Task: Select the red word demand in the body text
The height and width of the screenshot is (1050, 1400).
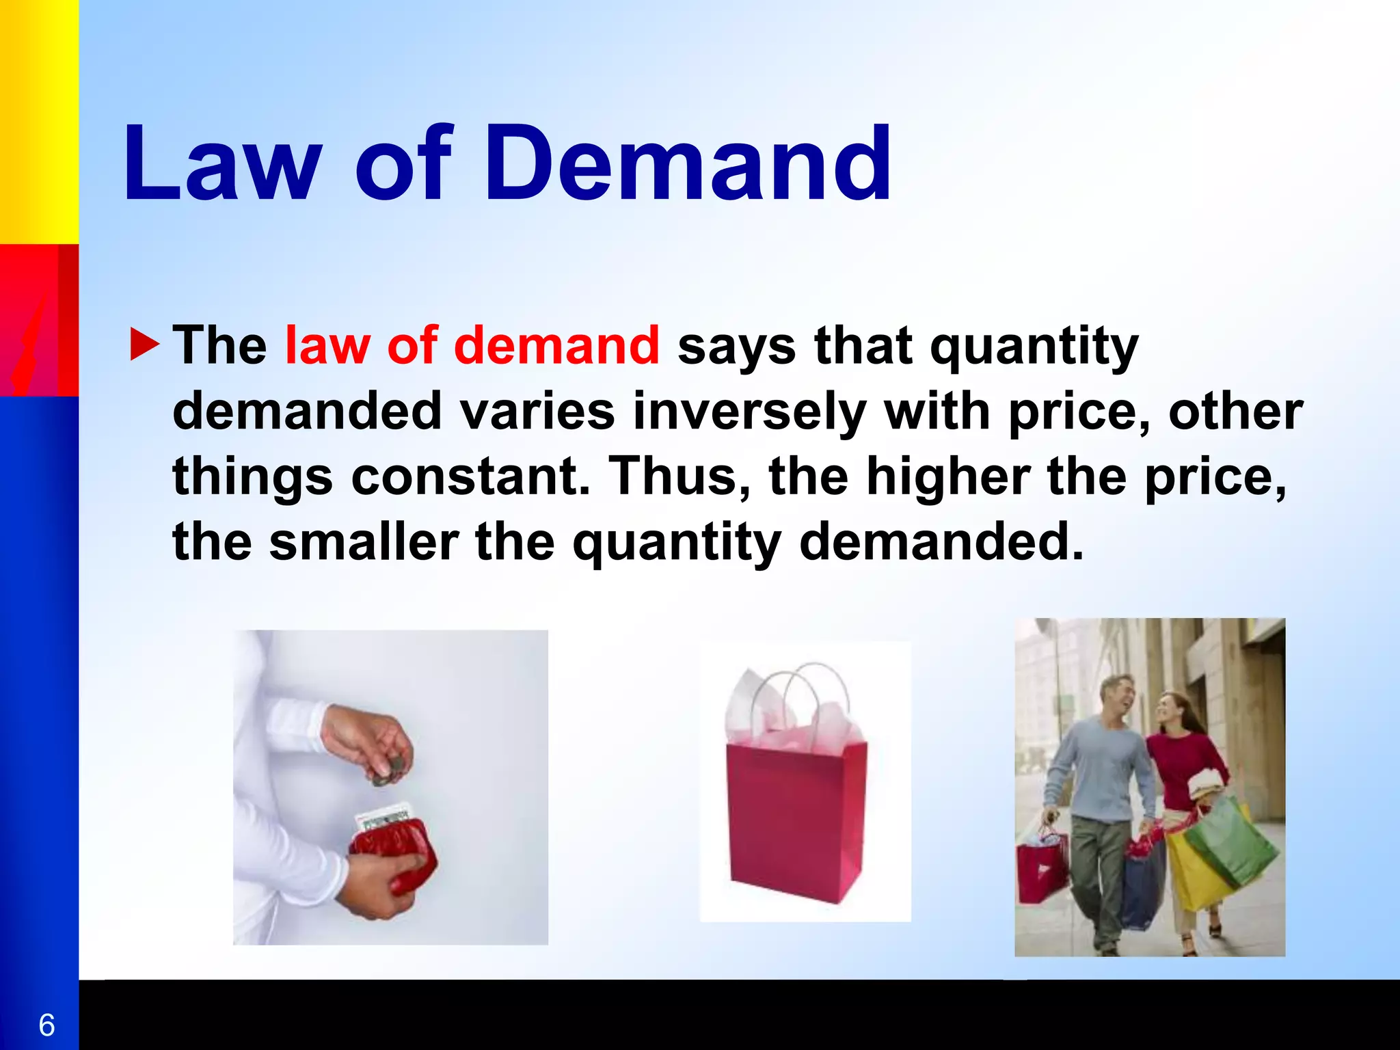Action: point(556,345)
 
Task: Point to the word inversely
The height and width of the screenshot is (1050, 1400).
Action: point(749,412)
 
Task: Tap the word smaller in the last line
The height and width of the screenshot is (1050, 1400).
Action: point(364,541)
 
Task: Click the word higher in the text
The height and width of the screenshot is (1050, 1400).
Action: point(948,476)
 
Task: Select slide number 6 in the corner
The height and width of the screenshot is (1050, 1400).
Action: point(46,1025)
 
